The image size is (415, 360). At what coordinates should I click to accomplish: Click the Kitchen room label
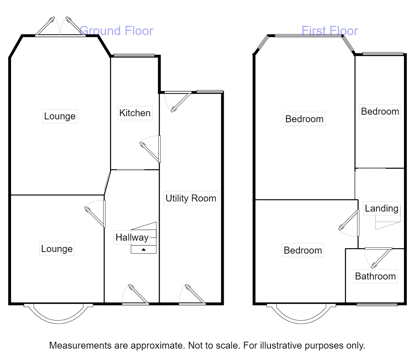pos(135,113)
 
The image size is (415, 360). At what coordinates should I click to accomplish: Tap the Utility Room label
pos(191,198)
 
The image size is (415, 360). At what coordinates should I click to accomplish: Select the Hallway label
pos(132,237)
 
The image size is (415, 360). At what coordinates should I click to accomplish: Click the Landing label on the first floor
pos(382,208)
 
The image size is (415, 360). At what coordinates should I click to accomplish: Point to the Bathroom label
pos(375,276)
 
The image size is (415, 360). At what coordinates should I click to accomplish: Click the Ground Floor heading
pos(116,31)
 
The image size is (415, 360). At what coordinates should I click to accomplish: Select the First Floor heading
pos(329,31)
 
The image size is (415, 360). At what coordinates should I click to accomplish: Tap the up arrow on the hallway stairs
pos(144,250)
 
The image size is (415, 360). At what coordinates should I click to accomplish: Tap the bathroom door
pos(379,257)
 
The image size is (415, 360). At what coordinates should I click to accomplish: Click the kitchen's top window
pos(134,55)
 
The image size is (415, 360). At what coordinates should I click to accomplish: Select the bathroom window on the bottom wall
pos(377,305)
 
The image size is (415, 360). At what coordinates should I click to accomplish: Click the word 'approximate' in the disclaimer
pos(157,345)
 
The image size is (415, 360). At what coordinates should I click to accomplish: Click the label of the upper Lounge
pos(60,116)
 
